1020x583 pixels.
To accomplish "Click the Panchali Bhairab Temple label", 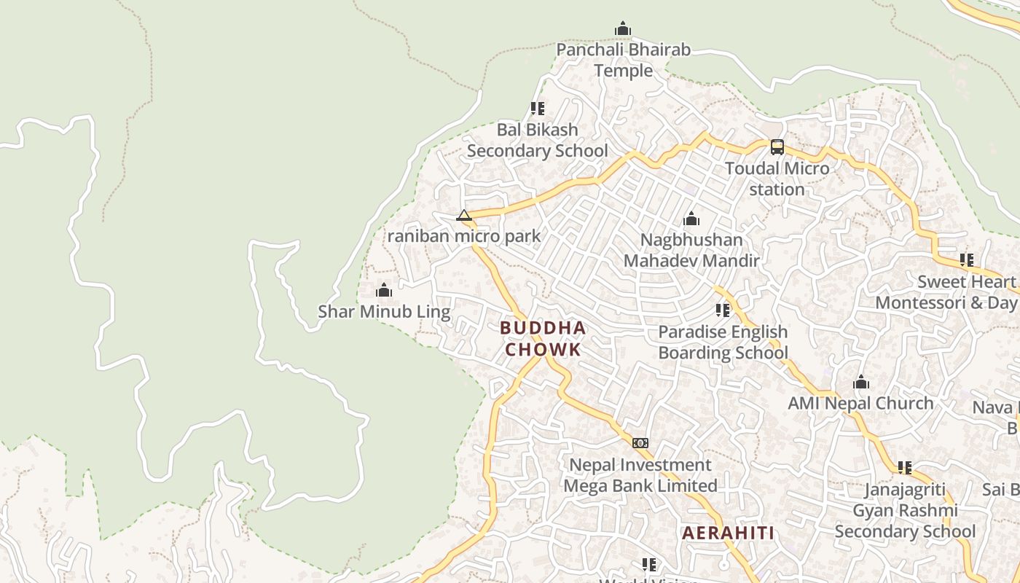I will click(x=623, y=60).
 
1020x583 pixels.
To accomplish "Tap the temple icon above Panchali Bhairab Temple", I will click(x=623, y=29).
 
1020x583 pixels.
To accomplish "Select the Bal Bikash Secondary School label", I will click(x=537, y=140).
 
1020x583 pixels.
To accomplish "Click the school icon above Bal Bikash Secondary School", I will click(x=538, y=109).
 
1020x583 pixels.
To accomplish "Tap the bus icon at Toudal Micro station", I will click(x=777, y=147).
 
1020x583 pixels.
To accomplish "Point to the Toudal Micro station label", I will click(x=777, y=179).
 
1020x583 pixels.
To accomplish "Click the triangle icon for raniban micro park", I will click(x=464, y=215).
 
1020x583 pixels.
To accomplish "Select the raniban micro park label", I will click(x=464, y=236).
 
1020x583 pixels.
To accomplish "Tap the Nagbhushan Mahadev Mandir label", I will click(x=691, y=250).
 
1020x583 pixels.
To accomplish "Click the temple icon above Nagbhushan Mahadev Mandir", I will click(x=691, y=219).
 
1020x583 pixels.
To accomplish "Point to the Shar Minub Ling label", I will click(x=384, y=312).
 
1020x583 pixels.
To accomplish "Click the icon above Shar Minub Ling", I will click(x=384, y=291).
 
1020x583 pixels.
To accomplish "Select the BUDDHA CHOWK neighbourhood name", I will click(x=544, y=339).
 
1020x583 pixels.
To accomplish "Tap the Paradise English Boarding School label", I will click(x=723, y=343).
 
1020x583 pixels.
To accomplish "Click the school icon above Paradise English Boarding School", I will click(x=723, y=310).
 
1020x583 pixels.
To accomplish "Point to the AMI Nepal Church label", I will click(x=860, y=403).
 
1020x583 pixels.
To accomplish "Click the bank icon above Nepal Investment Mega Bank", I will click(x=640, y=443).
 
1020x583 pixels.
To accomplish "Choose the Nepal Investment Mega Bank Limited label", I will click(x=640, y=475).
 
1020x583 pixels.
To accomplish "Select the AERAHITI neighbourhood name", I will click(x=729, y=533).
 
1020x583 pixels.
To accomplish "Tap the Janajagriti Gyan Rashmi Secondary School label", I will click(x=905, y=510).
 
